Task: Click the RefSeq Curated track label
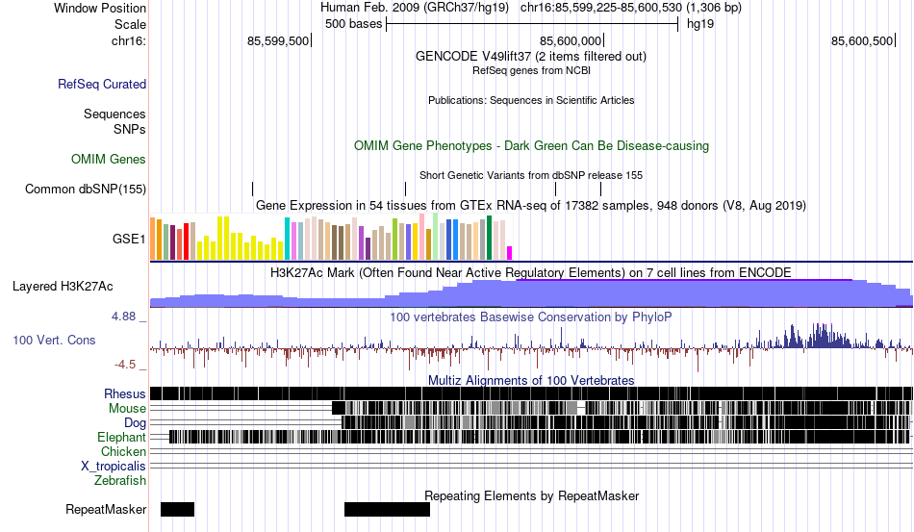click(x=101, y=85)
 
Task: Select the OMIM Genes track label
click(x=109, y=159)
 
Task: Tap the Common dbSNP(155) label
click(x=86, y=189)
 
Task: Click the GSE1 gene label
click(x=130, y=238)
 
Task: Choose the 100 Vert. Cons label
click(x=54, y=340)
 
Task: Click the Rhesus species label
click(x=125, y=393)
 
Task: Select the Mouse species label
click(x=127, y=408)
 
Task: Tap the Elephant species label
click(x=121, y=437)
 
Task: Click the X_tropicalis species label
click(x=114, y=466)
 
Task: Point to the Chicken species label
click(x=124, y=451)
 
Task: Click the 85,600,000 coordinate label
click(x=571, y=40)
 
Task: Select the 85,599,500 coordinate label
click(x=278, y=40)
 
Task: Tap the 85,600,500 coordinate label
click(x=863, y=40)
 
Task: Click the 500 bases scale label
click(x=353, y=23)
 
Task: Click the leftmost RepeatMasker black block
click(x=177, y=509)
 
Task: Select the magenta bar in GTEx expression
click(x=510, y=253)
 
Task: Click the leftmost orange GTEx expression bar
click(x=154, y=239)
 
